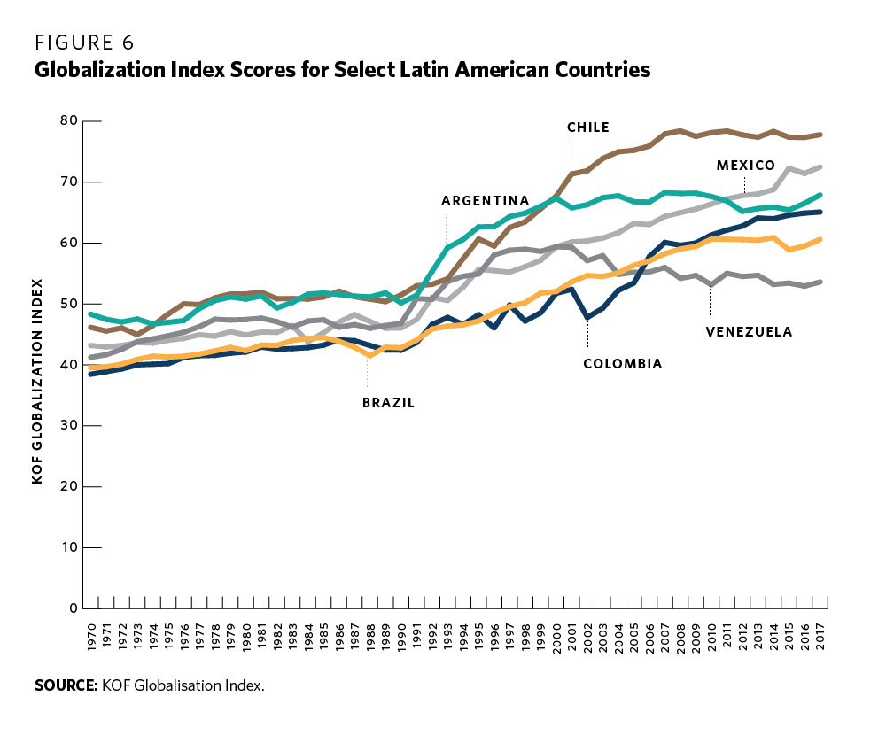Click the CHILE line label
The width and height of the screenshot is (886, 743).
(x=588, y=128)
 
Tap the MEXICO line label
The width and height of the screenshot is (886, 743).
(x=746, y=166)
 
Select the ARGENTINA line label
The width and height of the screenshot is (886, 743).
(x=485, y=201)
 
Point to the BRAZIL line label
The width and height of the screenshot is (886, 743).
(x=388, y=402)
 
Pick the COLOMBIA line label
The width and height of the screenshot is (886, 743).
(x=622, y=363)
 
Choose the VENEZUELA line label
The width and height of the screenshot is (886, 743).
(x=749, y=332)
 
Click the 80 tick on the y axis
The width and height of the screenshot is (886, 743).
(x=69, y=120)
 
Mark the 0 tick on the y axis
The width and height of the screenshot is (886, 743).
(x=74, y=608)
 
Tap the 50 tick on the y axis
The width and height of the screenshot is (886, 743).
(x=69, y=304)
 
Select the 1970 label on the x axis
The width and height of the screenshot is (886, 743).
(x=91, y=639)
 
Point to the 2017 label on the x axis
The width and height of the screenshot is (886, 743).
(x=822, y=639)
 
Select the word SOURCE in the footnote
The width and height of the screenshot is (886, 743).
(x=66, y=686)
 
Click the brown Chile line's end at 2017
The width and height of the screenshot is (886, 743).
(x=822, y=135)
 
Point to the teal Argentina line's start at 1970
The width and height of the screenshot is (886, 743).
(x=91, y=314)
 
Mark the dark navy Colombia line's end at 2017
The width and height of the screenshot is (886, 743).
(x=822, y=212)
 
